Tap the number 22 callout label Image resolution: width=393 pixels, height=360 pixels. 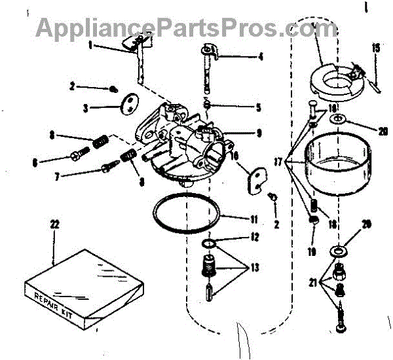pos(54,225)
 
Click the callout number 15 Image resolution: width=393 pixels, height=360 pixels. pos(376,47)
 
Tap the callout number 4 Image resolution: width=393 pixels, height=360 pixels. pos(261,57)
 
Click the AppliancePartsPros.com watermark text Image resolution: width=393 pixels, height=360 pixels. pos(186,27)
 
